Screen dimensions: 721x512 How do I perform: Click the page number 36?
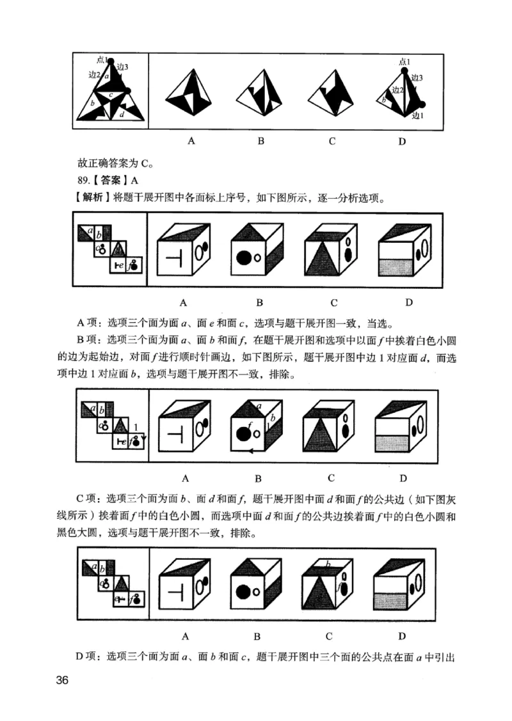(62, 679)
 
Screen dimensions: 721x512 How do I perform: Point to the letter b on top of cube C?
(328, 564)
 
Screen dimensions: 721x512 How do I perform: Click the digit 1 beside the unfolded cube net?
(136, 426)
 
